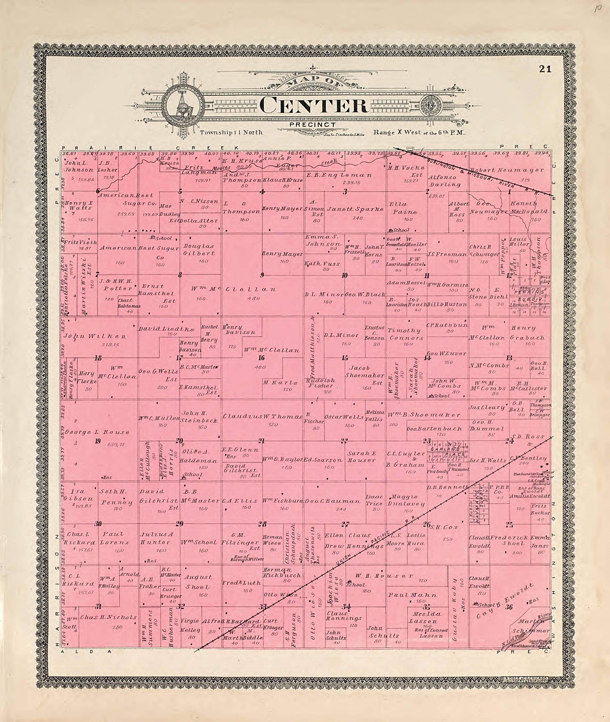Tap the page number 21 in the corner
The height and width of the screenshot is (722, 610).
coord(545,69)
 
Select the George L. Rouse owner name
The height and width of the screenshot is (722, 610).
coord(97,432)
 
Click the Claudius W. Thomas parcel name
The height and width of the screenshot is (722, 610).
coord(263,417)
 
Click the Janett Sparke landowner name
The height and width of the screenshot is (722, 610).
coord(356,209)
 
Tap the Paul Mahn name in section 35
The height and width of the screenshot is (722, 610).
coord(412,595)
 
